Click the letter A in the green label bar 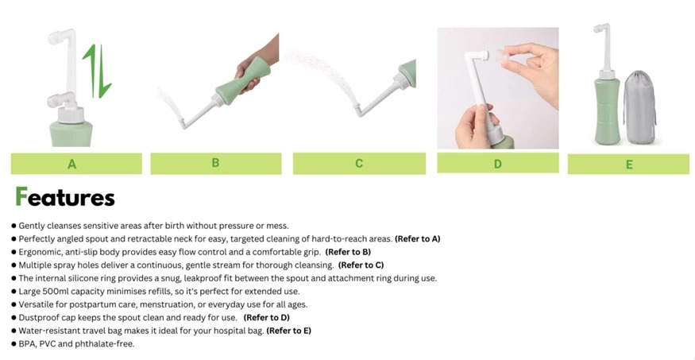click(x=71, y=165)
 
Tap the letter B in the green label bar click(x=215, y=163)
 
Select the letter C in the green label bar click(x=359, y=164)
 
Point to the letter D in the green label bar click(x=498, y=164)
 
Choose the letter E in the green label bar click(x=629, y=165)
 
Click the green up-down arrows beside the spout click(x=98, y=71)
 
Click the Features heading click(x=65, y=197)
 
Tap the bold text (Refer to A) click(x=418, y=239)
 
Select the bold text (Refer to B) click(x=348, y=252)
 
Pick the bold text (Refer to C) click(x=361, y=265)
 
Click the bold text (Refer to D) click(x=266, y=317)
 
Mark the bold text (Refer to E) click(x=288, y=331)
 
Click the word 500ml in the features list click(x=56, y=292)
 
